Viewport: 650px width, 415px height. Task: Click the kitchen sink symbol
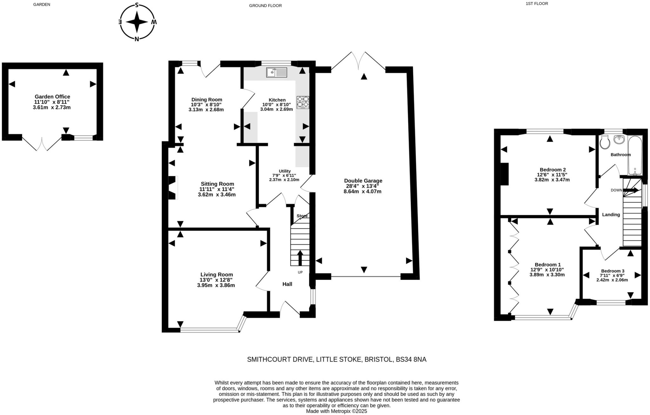tap(276, 72)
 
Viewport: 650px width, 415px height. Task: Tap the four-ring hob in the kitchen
tap(303, 102)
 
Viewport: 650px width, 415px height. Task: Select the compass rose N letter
tap(137, 39)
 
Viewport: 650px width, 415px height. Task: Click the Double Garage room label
tap(363, 181)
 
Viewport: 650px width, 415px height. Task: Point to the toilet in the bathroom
tap(605, 142)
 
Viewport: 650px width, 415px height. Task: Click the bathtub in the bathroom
tap(635, 155)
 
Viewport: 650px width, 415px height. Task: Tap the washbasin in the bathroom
tap(619, 139)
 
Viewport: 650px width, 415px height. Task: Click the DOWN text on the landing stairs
tap(616, 190)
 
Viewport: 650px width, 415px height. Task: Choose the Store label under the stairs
tap(302, 216)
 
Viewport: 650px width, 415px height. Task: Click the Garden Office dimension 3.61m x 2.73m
tap(52, 108)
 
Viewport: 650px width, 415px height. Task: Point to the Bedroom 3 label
tap(613, 271)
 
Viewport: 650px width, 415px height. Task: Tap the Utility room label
tap(285, 171)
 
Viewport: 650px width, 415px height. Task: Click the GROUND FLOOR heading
tap(265, 5)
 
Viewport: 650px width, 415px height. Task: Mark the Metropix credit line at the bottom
tap(336, 411)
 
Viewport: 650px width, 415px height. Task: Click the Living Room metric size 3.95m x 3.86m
tap(216, 285)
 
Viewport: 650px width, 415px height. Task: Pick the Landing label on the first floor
tap(611, 214)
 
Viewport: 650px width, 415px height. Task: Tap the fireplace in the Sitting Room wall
tap(172, 188)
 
